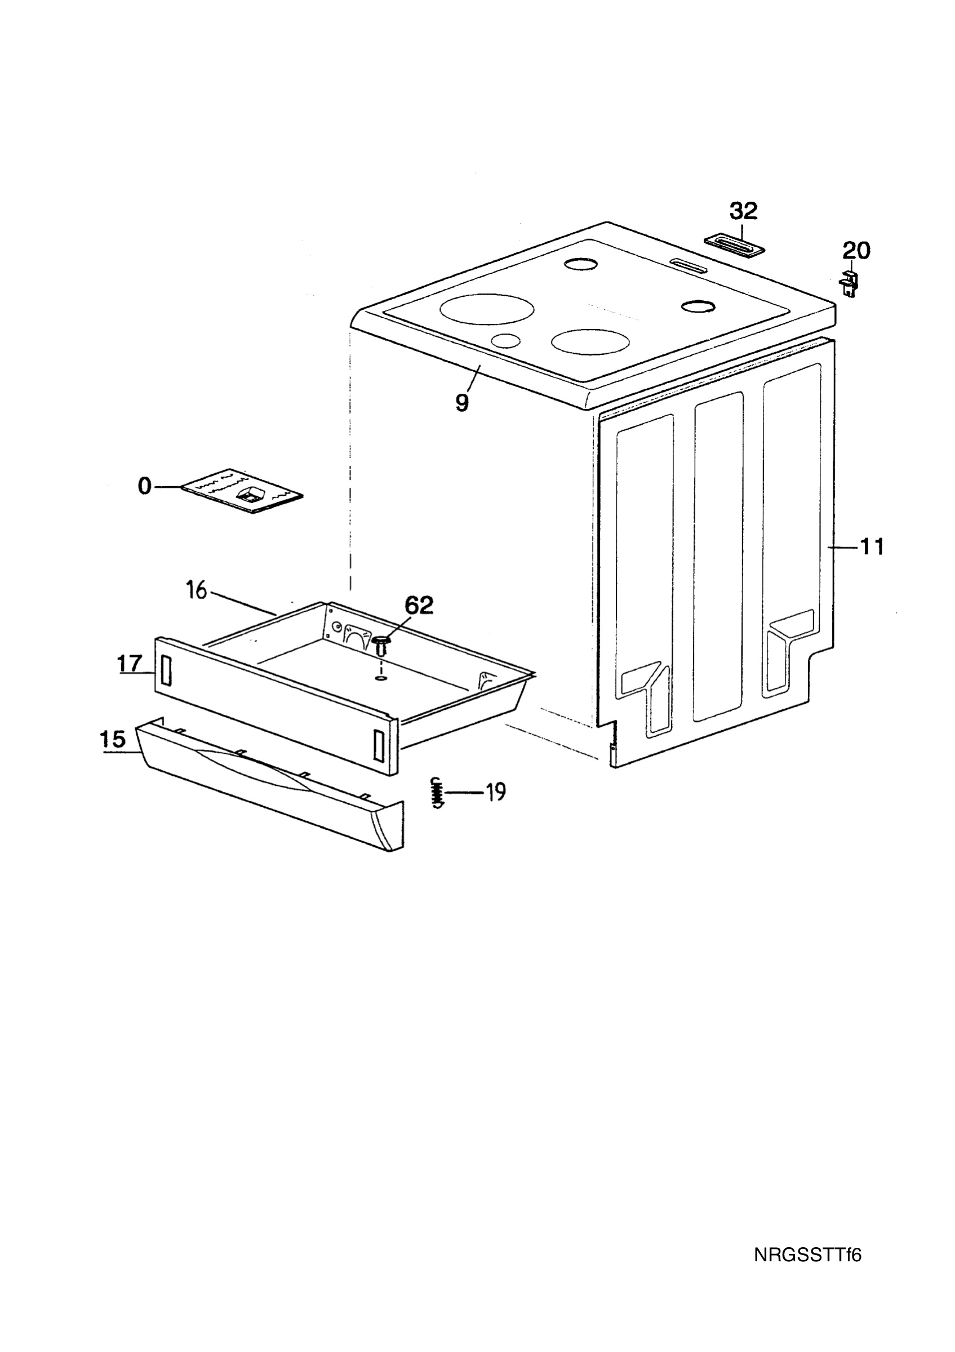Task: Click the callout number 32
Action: pyautogui.click(x=744, y=210)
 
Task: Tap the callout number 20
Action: pyautogui.click(x=856, y=251)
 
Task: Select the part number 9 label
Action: pyautogui.click(x=462, y=403)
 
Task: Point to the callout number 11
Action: pyautogui.click(x=872, y=547)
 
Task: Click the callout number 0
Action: pyautogui.click(x=145, y=486)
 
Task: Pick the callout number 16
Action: pyautogui.click(x=197, y=589)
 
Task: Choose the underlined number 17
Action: pyautogui.click(x=130, y=664)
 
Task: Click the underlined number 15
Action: pyautogui.click(x=113, y=739)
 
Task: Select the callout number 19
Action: pyautogui.click(x=495, y=792)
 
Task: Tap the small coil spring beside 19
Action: pyautogui.click(x=436, y=793)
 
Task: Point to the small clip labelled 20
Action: pyautogui.click(x=849, y=283)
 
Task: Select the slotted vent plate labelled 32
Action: pyautogui.click(x=736, y=246)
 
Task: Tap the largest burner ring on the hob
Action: pyautogui.click(x=487, y=309)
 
